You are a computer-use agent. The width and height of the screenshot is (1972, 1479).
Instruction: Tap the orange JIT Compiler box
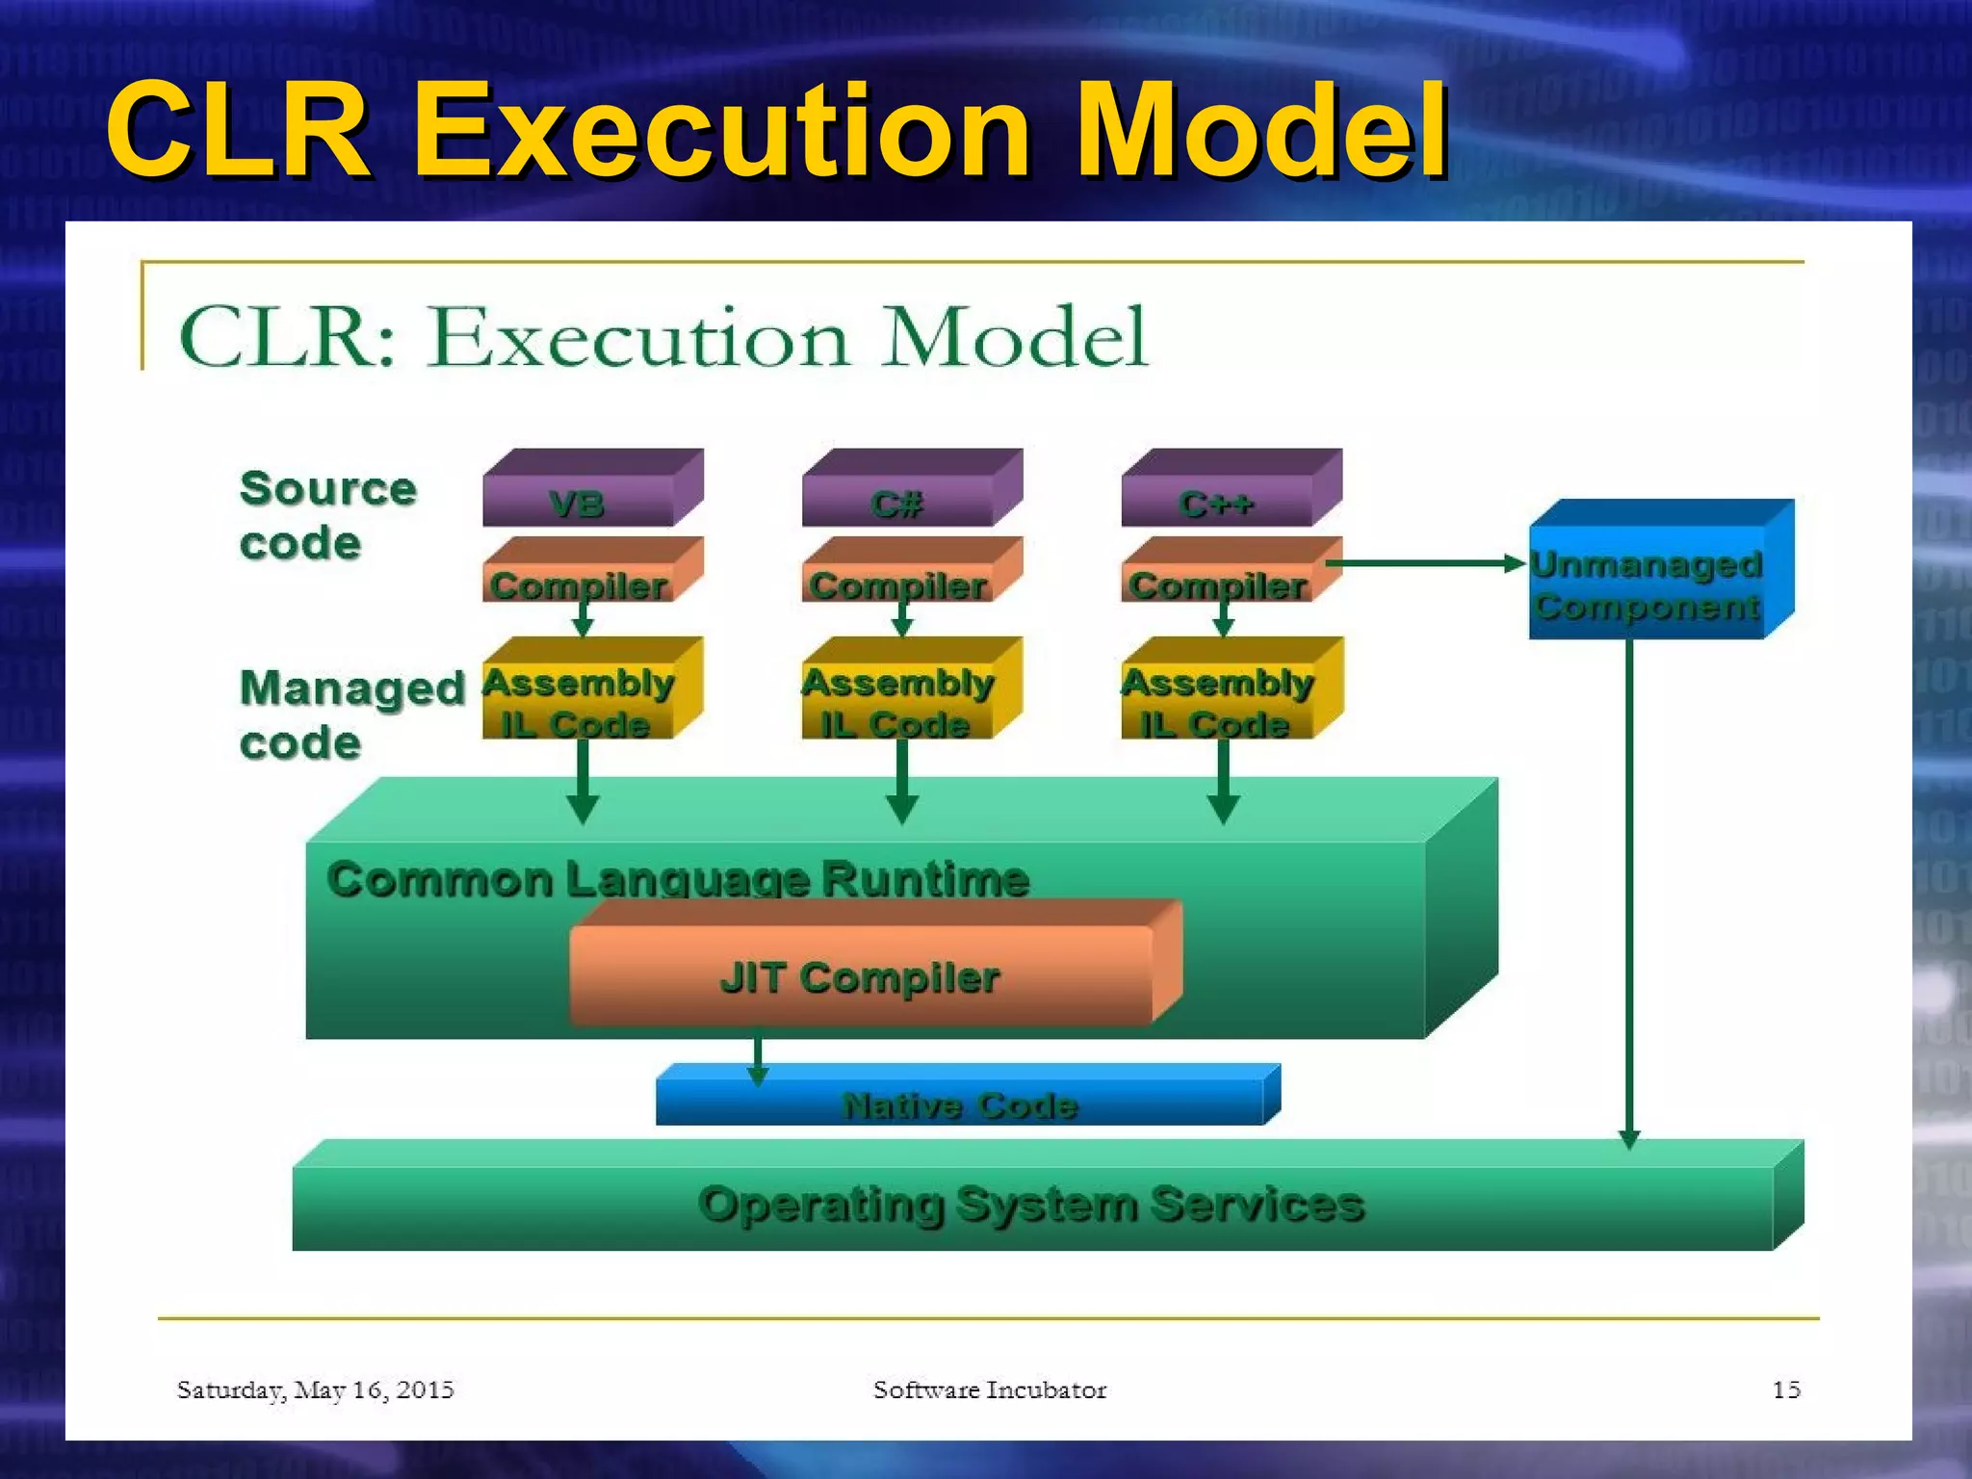860,976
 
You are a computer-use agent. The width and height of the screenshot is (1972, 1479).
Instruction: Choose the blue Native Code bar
960,1103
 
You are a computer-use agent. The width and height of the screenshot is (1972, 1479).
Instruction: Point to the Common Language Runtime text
678,878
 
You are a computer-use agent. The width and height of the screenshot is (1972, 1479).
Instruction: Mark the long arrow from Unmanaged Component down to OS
1629,886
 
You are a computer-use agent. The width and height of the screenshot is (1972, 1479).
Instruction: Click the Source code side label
327,515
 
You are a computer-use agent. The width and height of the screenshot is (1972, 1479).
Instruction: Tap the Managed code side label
350,714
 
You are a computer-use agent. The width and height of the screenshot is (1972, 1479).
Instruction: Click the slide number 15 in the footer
1786,1389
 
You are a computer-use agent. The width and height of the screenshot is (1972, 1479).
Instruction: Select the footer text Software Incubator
990,1389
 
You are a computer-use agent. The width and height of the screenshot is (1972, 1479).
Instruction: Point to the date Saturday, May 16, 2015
315,1389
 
